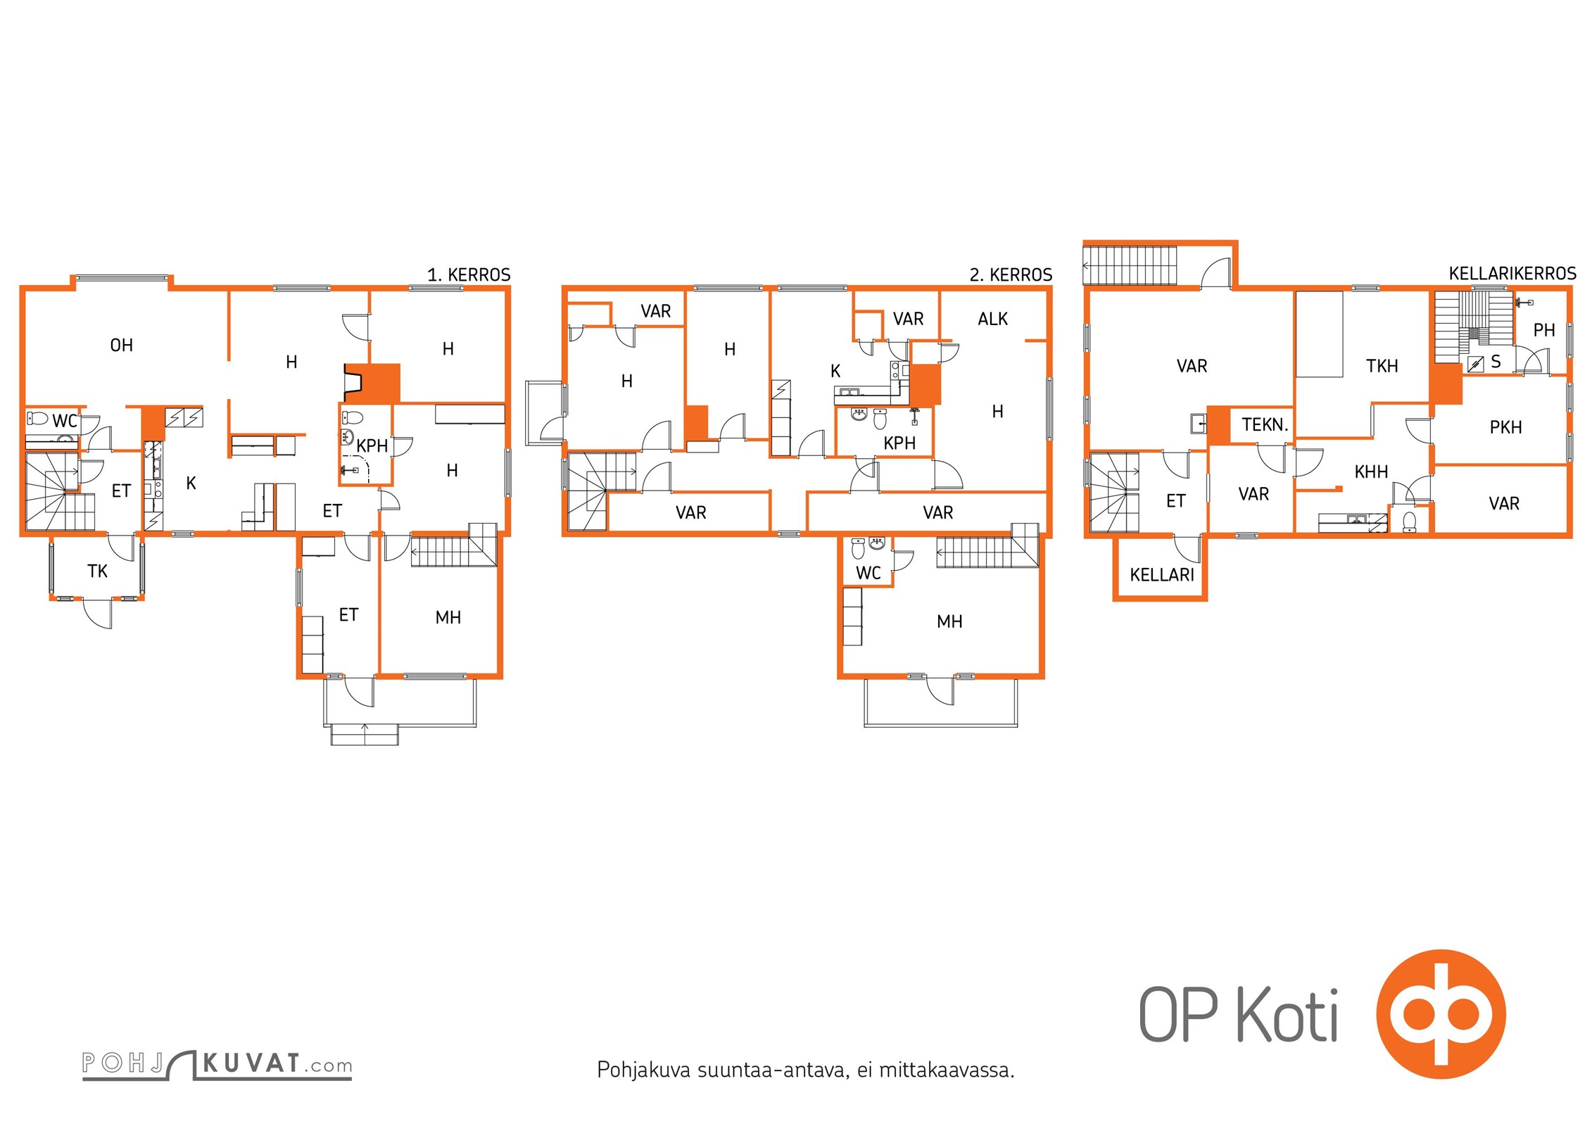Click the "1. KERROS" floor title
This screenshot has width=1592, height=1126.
pyautogui.click(x=469, y=274)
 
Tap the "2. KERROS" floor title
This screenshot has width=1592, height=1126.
pyautogui.click(x=1011, y=274)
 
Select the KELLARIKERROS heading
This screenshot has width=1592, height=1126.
pyautogui.click(x=1512, y=273)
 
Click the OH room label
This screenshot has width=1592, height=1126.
pyautogui.click(x=122, y=345)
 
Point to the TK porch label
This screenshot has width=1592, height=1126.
pyautogui.click(x=98, y=571)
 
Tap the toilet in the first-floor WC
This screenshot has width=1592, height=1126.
pyautogui.click(x=37, y=419)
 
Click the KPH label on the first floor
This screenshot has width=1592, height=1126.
pyautogui.click(x=372, y=445)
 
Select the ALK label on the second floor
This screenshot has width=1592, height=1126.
pyautogui.click(x=992, y=319)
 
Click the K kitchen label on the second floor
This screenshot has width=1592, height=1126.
pyautogui.click(x=835, y=371)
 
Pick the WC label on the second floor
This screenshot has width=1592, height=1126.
pyautogui.click(x=868, y=573)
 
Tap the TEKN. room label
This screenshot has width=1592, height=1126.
pyautogui.click(x=1265, y=424)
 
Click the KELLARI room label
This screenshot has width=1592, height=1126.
pyautogui.click(x=1162, y=575)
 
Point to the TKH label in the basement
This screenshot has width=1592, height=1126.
pyautogui.click(x=1382, y=366)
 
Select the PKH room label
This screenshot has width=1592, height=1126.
pyautogui.click(x=1505, y=427)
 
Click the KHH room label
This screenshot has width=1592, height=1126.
pyautogui.click(x=1371, y=472)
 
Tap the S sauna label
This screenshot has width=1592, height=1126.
pyautogui.click(x=1496, y=362)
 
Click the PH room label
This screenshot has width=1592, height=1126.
pyautogui.click(x=1543, y=330)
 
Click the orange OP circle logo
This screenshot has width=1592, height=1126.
pyautogui.click(x=1441, y=1014)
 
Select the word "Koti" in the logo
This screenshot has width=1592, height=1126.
pyautogui.click(x=1287, y=1014)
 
